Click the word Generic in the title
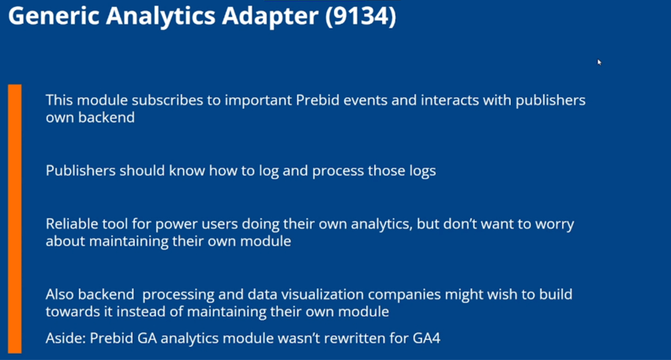(x=54, y=16)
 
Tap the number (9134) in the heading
(x=361, y=17)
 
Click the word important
(x=258, y=101)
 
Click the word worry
(x=554, y=225)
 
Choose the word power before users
(x=175, y=225)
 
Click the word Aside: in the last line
(x=66, y=338)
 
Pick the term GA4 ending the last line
(x=426, y=338)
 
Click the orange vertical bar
(x=14, y=219)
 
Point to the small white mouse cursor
(x=599, y=62)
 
